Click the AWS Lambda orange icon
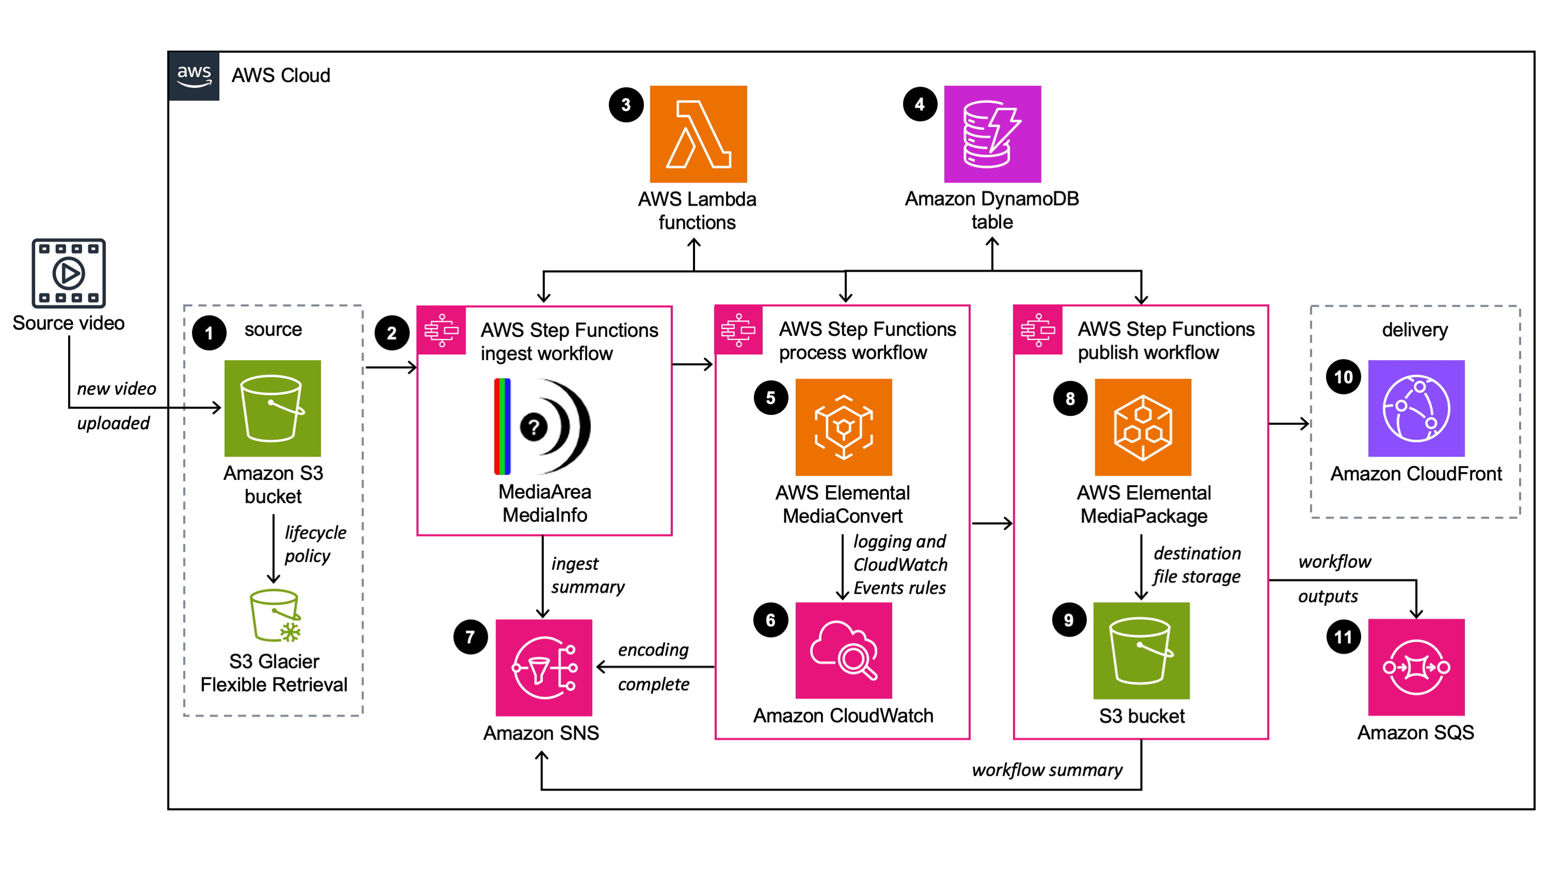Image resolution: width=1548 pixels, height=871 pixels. click(x=698, y=134)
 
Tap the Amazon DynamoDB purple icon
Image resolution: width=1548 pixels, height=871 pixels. click(x=992, y=134)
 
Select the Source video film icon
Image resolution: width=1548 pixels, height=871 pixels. click(x=69, y=273)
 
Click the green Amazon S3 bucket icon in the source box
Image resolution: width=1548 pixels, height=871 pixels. click(x=272, y=408)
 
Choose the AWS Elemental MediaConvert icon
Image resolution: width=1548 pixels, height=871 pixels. click(x=843, y=427)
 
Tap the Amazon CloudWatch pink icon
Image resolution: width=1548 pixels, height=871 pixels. click(x=843, y=650)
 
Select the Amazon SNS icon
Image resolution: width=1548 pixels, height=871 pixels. click(x=543, y=667)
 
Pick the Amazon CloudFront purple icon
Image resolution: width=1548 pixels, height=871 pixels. click(x=1416, y=408)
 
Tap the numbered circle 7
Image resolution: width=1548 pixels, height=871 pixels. click(x=470, y=637)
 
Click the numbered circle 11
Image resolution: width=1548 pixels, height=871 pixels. click(x=1343, y=637)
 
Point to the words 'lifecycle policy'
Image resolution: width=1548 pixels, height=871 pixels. click(x=314, y=543)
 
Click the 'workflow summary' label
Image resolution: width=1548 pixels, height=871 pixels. click(x=1046, y=770)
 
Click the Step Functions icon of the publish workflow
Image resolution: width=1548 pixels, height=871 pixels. click(x=1037, y=330)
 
